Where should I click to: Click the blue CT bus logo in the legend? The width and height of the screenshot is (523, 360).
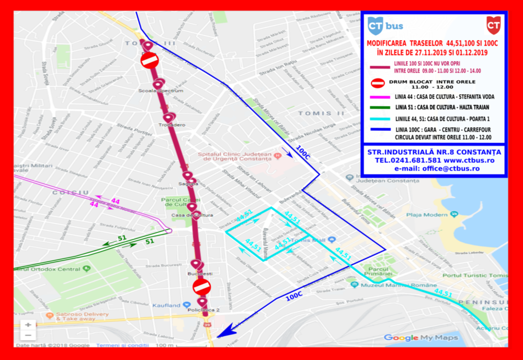tap(385, 25)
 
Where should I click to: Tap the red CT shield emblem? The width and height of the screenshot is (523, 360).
tap(493, 25)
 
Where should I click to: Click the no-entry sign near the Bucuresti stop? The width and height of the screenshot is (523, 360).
tap(201, 286)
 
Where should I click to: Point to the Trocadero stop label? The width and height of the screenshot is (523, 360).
tap(172, 125)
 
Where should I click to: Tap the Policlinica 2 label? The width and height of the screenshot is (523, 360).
tap(203, 310)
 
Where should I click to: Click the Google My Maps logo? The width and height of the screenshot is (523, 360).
tap(421, 337)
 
